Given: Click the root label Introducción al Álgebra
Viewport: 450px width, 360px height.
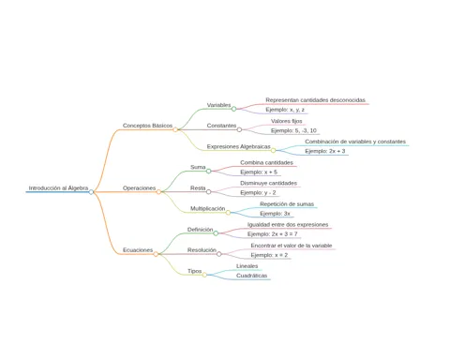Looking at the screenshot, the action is (58, 188).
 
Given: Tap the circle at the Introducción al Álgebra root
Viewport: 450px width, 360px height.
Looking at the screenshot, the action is (91, 192).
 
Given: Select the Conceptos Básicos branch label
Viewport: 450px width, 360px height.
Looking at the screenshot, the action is (147, 126).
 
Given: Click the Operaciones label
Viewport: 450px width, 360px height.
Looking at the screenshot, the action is (139, 188).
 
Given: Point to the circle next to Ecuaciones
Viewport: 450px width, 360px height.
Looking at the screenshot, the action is (156, 254).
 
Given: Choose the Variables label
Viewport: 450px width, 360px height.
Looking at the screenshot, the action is (218, 105).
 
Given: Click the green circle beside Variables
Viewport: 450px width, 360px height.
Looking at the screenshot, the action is (233, 109).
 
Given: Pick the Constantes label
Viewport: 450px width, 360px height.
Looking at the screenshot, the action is (221, 126).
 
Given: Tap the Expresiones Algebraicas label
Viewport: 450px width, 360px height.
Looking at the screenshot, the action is (238, 146).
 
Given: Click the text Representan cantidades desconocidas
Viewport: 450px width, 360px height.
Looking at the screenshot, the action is (315, 100).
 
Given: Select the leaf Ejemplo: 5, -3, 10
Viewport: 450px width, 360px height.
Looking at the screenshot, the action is (293, 130).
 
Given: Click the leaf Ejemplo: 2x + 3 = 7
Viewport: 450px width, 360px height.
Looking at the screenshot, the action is (273, 234).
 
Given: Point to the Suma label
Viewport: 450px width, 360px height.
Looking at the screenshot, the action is (198, 167).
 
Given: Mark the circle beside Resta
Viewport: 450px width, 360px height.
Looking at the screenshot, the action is (208, 191).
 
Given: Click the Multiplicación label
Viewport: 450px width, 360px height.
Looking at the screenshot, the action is (207, 208).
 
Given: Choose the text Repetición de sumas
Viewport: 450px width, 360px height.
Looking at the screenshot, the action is (287, 204).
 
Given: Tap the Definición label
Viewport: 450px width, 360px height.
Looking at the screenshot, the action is (200, 230).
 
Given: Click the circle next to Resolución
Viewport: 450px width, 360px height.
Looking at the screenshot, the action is (219, 254).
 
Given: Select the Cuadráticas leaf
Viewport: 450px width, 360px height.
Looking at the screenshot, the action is (251, 276).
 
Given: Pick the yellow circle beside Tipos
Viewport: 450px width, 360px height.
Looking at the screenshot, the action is (204, 275).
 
